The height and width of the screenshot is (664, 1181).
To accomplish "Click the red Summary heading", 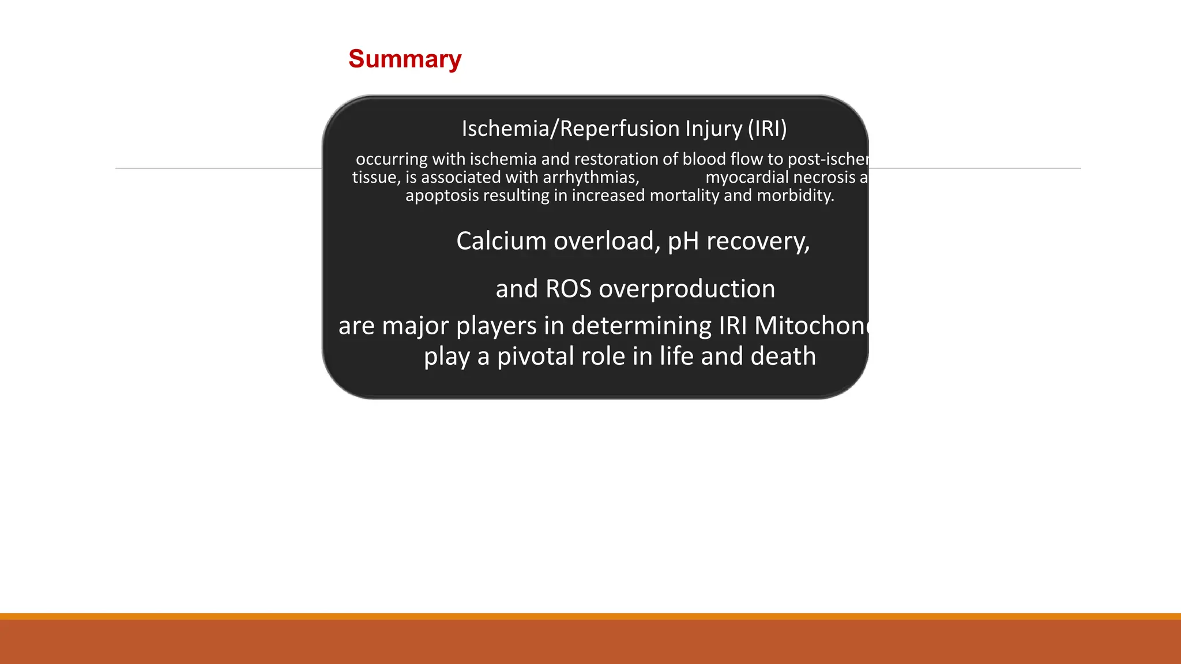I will pyautogui.click(x=405, y=59).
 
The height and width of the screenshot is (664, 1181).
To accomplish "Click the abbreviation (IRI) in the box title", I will pyautogui.click(x=767, y=129).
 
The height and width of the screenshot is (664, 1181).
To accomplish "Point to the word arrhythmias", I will pyautogui.click(x=590, y=178).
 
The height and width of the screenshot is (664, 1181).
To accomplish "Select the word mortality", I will pyautogui.click(x=684, y=196).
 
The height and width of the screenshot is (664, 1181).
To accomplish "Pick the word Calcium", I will pyautogui.click(x=501, y=241).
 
